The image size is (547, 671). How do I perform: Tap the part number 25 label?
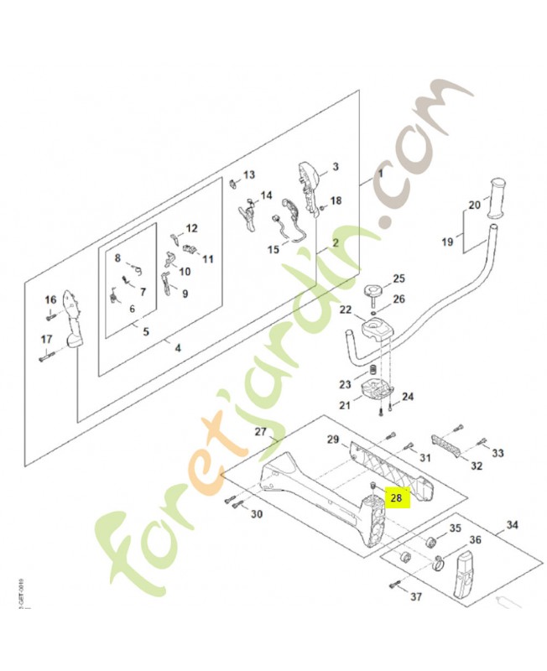coord(399,278)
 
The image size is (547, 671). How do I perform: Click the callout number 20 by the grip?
coord(474,205)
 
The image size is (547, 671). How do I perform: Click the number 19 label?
coord(447,242)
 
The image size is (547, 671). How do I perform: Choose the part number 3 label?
coord(335,167)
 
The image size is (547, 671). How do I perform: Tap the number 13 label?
coord(248,175)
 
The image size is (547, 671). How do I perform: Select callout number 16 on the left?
coord(50,299)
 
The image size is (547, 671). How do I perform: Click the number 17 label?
coord(47,339)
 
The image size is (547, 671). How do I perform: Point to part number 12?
coord(191,228)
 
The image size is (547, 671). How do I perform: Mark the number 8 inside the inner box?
coord(118,258)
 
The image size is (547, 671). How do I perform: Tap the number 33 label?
coord(498,454)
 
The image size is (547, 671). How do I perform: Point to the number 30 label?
coord(257,514)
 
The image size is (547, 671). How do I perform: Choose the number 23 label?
coord(345,385)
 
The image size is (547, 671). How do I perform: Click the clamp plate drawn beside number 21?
coord(375,392)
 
